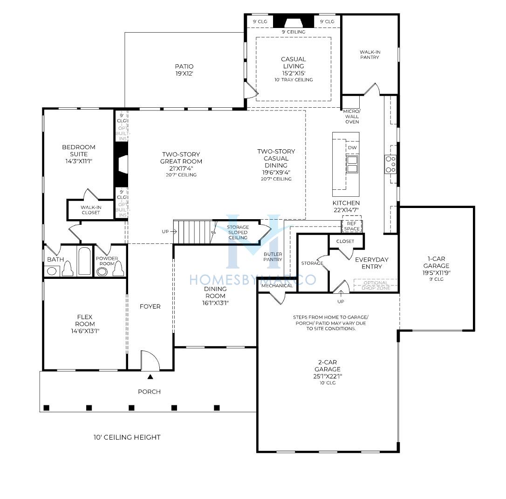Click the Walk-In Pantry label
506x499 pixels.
pos(370,55)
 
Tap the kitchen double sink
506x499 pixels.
pos(352,164)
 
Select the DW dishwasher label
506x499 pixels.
pos(352,147)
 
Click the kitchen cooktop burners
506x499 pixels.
pos(390,164)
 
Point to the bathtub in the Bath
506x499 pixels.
pos(84,261)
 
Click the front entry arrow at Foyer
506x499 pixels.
pos(150,377)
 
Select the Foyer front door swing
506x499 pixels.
pos(150,360)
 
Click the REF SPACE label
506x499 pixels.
pos(352,226)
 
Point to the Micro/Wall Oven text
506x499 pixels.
pos(352,116)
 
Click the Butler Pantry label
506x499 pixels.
pos(273,257)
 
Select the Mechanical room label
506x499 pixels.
pos(277,286)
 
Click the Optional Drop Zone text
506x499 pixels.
pos(376,285)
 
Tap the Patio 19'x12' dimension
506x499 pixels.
pos(184,73)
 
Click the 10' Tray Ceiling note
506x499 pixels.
pos(294,79)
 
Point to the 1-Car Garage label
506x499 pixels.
pos(436,262)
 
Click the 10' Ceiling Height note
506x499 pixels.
pos(127,437)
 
